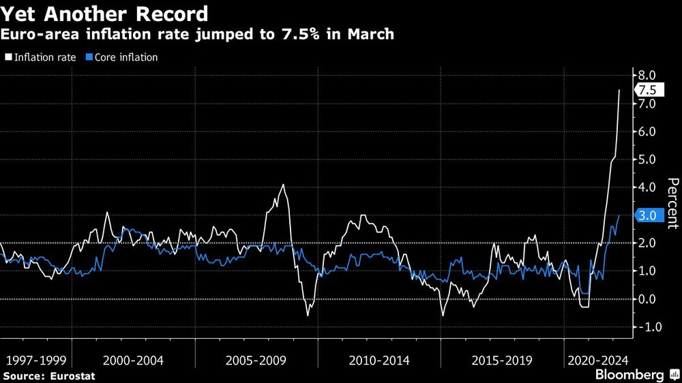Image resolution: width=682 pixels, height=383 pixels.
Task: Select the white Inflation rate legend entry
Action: coord(43,57)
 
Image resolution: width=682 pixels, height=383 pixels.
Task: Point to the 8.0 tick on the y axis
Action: coord(646,76)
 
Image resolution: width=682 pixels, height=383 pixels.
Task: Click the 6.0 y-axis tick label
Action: coord(646,132)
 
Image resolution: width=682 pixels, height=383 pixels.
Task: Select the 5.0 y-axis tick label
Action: coord(646,159)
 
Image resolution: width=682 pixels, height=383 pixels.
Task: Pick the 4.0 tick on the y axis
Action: coord(646,187)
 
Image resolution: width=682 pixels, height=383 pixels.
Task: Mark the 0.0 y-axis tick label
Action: coord(646,299)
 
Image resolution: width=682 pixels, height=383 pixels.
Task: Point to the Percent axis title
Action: coord(672,204)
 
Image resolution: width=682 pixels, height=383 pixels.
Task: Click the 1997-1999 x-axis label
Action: coord(35,359)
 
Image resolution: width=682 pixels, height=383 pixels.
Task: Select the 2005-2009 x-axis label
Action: coord(256,359)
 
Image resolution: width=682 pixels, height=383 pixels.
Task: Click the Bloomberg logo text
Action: coord(629,375)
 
